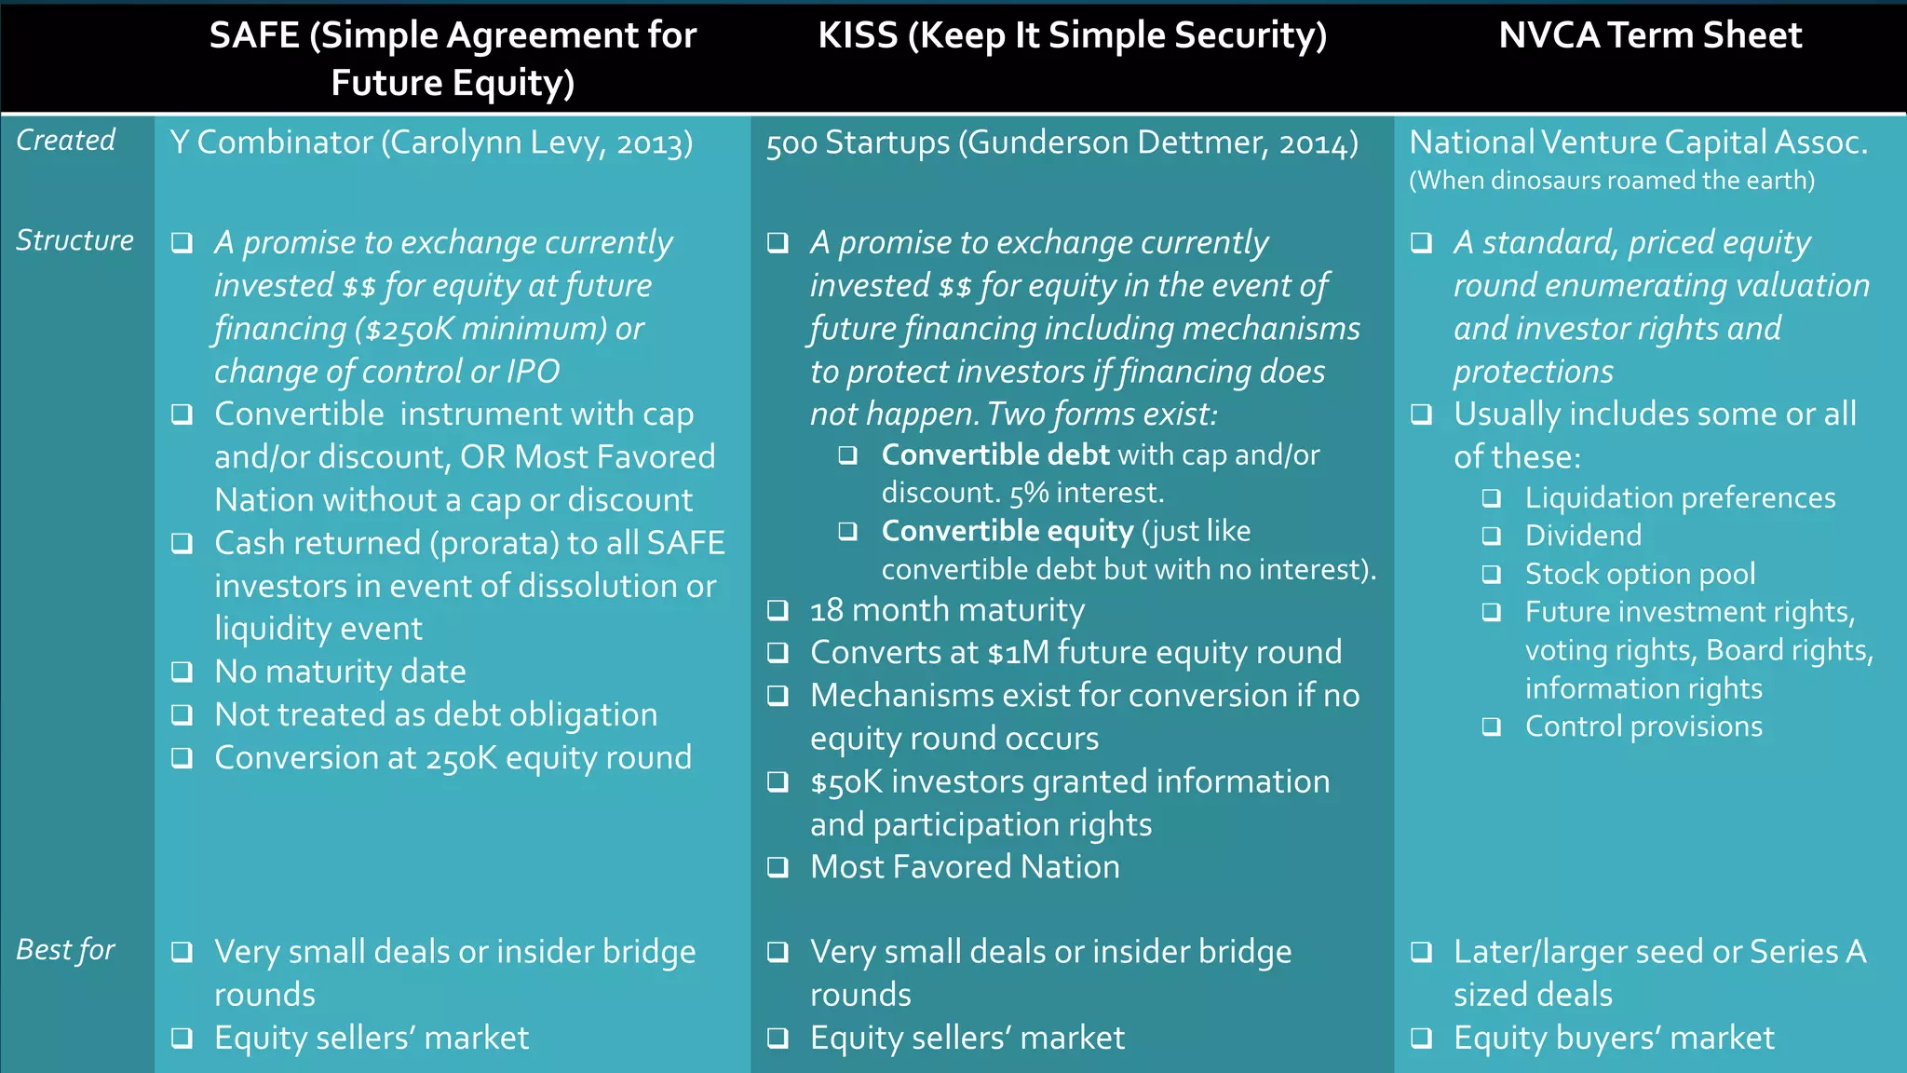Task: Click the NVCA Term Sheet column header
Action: (x=1649, y=35)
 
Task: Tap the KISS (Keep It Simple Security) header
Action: (x=1072, y=35)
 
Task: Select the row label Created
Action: (x=65, y=141)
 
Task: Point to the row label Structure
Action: (x=74, y=240)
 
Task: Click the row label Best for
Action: (x=65, y=950)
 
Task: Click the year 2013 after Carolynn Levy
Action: (x=650, y=143)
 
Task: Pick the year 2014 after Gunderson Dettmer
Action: (x=1313, y=143)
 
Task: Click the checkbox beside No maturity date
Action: (x=183, y=672)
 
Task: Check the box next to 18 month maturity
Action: (x=778, y=610)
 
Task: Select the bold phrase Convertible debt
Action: (x=995, y=455)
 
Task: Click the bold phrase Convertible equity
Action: (x=1008, y=531)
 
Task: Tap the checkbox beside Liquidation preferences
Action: (x=1492, y=498)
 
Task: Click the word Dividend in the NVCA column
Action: (x=1583, y=536)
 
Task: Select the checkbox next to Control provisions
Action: (x=1492, y=727)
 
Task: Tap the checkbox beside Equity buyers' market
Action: (x=1421, y=1038)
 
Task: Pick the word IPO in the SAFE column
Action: (x=533, y=372)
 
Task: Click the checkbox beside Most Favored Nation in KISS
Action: (x=778, y=867)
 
